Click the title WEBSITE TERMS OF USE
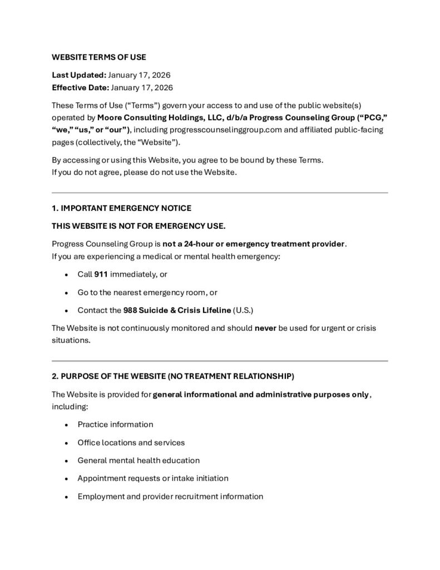(x=99, y=57)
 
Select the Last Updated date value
(x=139, y=75)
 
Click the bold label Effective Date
(x=80, y=87)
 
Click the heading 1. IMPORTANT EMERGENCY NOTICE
(x=121, y=208)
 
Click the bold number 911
(x=101, y=274)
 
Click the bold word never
(x=265, y=328)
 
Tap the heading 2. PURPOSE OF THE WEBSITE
(x=173, y=377)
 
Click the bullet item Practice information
(x=115, y=425)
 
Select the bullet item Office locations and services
(x=131, y=443)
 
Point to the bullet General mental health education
(x=139, y=460)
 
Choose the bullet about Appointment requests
(x=153, y=478)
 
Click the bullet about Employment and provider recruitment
(x=170, y=496)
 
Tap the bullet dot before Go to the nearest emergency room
(x=66, y=292)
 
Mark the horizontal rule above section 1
(x=220, y=193)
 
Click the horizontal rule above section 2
(x=220, y=361)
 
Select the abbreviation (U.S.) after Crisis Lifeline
(x=244, y=309)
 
